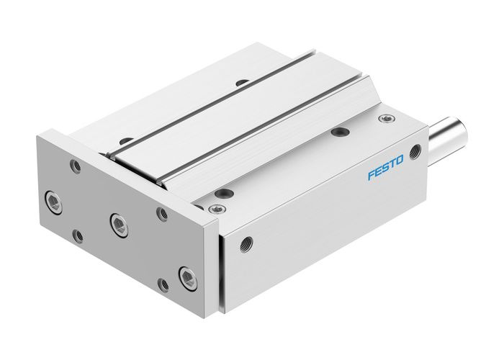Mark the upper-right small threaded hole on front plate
[162, 213]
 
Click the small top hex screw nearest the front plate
[213, 210]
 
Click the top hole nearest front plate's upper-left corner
[126, 140]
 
